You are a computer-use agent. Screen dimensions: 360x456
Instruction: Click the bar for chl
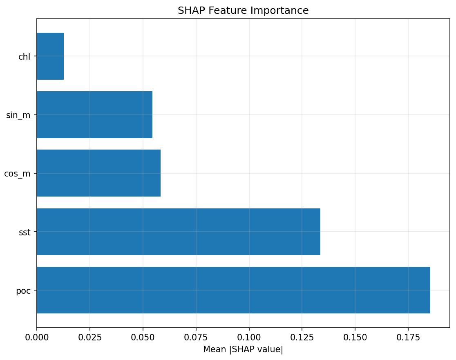pos(50,56)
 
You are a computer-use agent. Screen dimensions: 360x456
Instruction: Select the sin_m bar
pos(94,115)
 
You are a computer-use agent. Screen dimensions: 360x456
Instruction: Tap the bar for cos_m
pos(98,173)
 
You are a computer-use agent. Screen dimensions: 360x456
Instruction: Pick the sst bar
pos(179,232)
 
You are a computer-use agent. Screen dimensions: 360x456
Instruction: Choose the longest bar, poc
pos(233,290)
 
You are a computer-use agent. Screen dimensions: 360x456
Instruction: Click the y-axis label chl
pos(24,57)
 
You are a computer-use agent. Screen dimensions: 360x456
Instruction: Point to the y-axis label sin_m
pos(18,115)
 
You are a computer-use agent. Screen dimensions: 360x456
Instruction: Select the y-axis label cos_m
pos(17,174)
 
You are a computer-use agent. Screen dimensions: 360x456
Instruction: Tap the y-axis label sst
pos(25,233)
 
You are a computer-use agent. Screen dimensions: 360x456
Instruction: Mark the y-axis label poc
pos(23,291)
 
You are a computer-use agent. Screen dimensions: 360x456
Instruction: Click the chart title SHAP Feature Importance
pos(243,11)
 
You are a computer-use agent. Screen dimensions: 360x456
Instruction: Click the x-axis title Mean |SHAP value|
pos(243,350)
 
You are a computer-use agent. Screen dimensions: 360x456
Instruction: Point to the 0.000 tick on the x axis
pos(37,338)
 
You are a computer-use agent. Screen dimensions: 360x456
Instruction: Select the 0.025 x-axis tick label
pos(90,338)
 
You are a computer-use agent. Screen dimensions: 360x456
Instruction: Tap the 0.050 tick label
pos(143,338)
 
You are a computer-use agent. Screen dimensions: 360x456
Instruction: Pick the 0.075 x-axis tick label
pos(196,338)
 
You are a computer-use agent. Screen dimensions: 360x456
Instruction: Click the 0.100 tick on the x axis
pos(249,338)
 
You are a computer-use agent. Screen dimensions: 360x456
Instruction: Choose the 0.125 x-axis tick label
pos(302,338)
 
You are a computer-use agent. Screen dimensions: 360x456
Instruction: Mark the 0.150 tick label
pos(355,338)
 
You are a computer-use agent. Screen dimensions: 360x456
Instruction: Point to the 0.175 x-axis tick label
pos(408,338)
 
